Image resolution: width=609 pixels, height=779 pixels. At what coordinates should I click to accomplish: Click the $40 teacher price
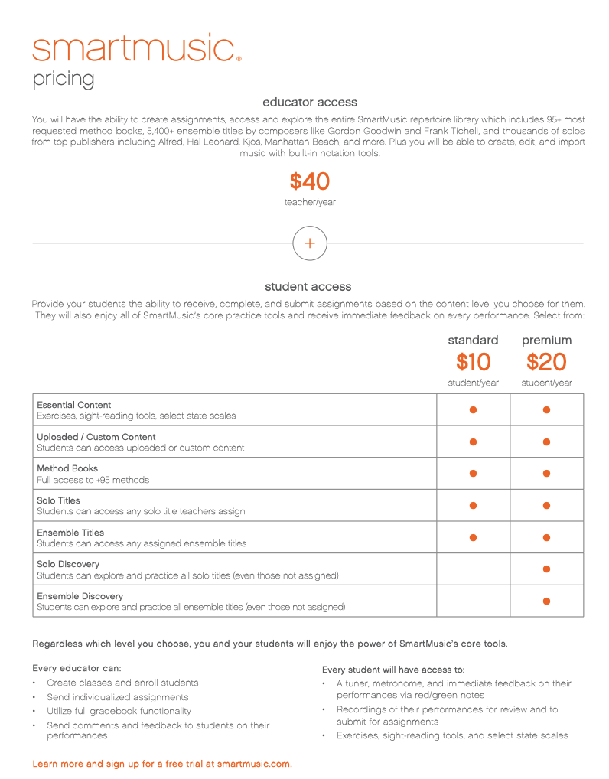point(309,182)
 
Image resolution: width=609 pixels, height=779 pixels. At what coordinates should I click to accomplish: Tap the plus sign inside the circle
point(309,243)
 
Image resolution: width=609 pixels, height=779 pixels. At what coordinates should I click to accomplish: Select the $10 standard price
point(473,362)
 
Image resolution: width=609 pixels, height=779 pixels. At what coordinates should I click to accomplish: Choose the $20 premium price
point(546,362)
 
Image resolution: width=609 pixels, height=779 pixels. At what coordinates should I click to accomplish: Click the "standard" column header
point(473,340)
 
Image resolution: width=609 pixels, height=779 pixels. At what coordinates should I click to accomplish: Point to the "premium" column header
point(546,340)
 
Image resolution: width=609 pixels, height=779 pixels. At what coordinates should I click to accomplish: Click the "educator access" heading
point(309,102)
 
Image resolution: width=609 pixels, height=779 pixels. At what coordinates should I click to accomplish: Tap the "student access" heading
point(308,286)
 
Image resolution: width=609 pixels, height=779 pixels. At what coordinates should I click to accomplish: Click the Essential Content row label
point(74,405)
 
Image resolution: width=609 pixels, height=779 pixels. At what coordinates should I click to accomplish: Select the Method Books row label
point(67,468)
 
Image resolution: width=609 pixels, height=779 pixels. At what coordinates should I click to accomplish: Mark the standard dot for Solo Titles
point(473,505)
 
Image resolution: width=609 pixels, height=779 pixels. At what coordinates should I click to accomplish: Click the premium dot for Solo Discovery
point(546,569)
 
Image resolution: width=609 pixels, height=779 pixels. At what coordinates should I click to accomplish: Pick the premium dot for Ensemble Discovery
point(546,601)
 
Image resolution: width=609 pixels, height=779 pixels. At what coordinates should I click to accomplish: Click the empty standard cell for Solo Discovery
point(473,569)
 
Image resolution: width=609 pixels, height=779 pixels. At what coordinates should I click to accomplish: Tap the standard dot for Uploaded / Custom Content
point(473,442)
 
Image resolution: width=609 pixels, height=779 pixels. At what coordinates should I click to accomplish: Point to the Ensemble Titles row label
point(70,533)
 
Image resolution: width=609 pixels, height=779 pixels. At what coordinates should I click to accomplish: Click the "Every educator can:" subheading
point(77,668)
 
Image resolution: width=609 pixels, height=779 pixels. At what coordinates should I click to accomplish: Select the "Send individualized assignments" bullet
point(117,697)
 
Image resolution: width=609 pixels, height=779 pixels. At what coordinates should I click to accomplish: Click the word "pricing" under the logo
point(64,79)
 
